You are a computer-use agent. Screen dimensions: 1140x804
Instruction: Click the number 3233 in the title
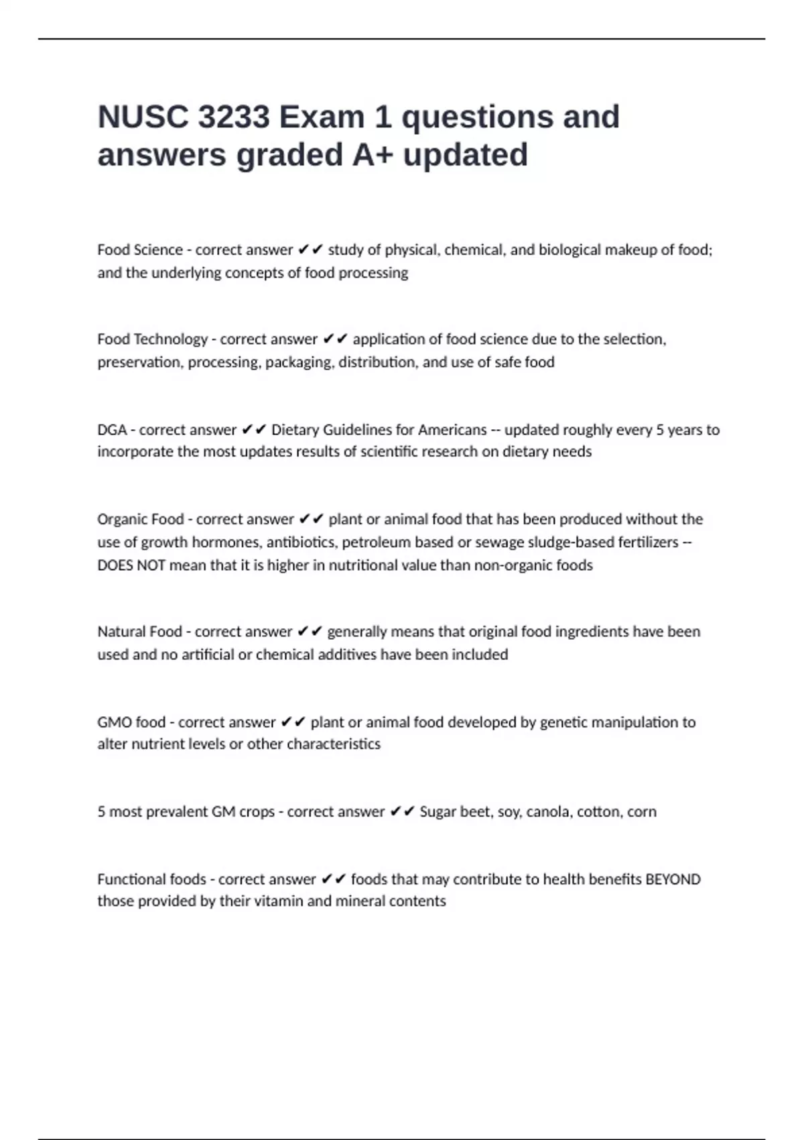pos(234,117)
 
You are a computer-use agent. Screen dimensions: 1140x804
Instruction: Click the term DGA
pos(112,430)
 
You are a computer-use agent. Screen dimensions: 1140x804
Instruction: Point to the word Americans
pos(452,430)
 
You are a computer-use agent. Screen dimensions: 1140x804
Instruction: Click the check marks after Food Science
pos(310,250)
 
